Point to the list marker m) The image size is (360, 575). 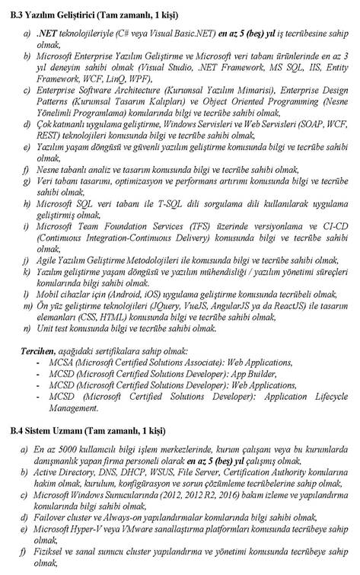coord(28,306)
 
